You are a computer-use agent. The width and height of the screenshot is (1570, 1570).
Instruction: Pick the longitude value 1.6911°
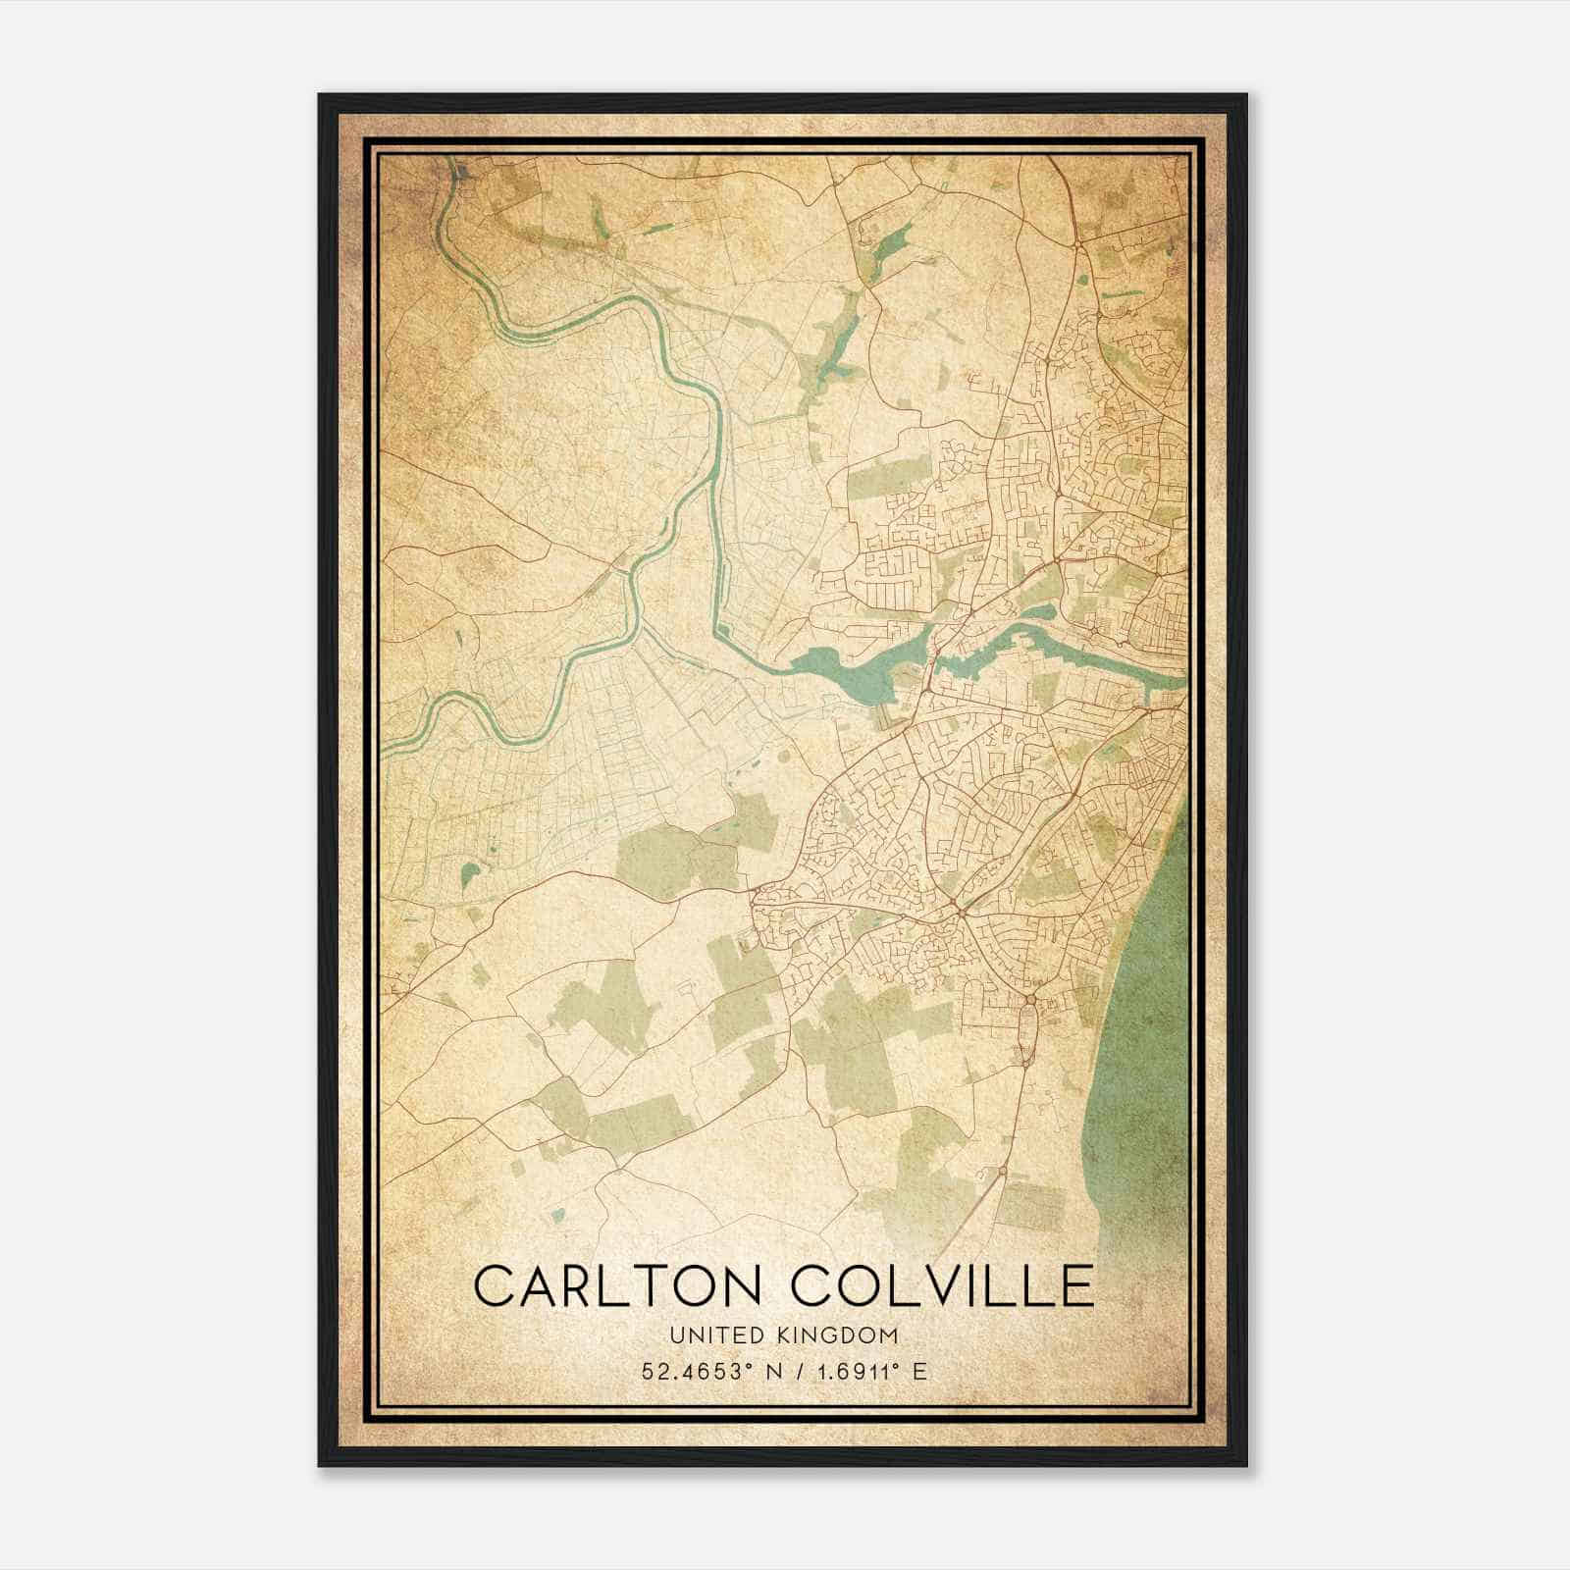(857, 1372)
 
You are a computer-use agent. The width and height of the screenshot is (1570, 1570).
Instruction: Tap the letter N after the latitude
(775, 1372)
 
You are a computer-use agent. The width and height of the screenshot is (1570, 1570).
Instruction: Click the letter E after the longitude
(919, 1372)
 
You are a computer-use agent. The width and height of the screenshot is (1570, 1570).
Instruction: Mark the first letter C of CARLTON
(496, 1285)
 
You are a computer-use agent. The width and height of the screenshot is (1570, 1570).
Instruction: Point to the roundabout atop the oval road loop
(1030, 1000)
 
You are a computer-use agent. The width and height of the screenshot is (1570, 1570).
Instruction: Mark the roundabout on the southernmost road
(1002, 1171)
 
